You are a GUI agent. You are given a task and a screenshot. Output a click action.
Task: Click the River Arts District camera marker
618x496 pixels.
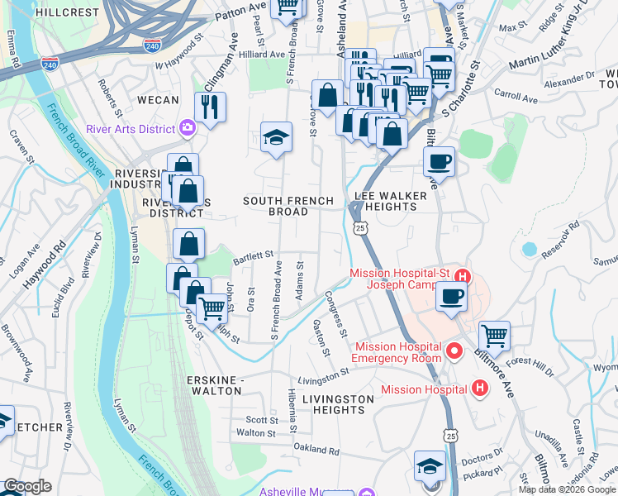188,128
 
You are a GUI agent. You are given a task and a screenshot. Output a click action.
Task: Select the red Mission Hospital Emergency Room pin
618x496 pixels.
454,353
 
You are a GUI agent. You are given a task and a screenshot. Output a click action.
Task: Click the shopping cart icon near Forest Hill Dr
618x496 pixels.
494,336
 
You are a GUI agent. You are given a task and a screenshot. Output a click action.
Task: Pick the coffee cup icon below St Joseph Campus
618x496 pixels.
451,295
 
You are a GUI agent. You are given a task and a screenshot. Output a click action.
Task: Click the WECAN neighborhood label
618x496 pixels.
158,100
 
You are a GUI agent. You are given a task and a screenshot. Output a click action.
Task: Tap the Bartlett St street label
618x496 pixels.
253,257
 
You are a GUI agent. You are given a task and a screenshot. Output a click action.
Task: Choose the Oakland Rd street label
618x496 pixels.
316,451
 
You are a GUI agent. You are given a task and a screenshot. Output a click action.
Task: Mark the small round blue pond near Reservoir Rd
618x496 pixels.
529,249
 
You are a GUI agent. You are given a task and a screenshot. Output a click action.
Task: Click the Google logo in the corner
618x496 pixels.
26,487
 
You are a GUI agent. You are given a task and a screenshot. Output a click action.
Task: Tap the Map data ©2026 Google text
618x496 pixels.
567,489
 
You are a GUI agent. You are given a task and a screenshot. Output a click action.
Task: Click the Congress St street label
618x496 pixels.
336,313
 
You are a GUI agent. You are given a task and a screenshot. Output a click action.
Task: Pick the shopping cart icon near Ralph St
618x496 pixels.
213,308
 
